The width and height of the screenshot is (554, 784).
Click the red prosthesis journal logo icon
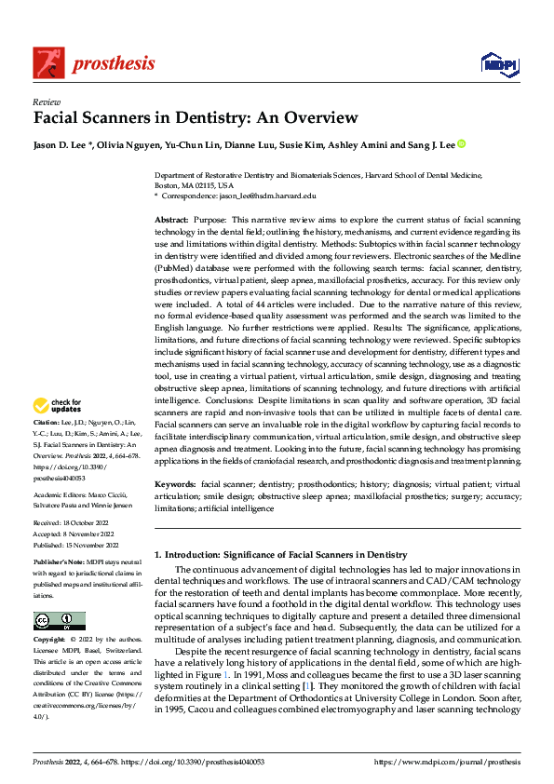pos(48,62)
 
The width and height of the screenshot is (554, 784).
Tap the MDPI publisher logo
pos(499,63)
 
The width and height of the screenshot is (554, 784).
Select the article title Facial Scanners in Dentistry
pos(196,118)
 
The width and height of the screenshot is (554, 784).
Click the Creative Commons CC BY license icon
pos(59,621)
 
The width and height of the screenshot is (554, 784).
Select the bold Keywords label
pos(176,485)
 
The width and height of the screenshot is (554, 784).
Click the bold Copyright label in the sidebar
pos(51,641)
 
